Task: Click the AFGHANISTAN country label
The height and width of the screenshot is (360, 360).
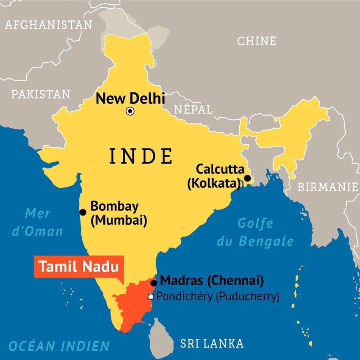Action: click(x=48, y=25)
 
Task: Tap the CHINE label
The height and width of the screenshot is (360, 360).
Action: click(x=256, y=41)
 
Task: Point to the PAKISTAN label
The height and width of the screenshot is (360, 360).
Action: click(x=40, y=94)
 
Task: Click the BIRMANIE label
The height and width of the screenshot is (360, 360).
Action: click(x=328, y=187)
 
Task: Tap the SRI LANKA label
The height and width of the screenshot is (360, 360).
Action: click(x=212, y=343)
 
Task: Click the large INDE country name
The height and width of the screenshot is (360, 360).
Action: click(x=141, y=156)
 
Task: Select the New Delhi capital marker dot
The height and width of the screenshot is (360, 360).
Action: click(x=130, y=111)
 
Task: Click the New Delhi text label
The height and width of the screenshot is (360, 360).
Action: click(x=131, y=98)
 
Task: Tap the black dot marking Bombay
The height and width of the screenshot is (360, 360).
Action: click(x=83, y=212)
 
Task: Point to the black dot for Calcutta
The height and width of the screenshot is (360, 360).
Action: click(x=248, y=178)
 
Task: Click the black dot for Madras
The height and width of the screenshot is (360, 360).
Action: click(x=154, y=283)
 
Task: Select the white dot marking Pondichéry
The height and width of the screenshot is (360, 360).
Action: click(x=151, y=297)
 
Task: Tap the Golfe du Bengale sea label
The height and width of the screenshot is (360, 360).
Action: click(x=255, y=232)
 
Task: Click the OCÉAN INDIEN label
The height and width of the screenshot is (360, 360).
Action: click(x=59, y=346)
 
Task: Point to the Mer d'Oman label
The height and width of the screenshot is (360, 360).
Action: click(x=38, y=222)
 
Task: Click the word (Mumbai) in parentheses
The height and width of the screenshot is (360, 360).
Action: click(x=119, y=220)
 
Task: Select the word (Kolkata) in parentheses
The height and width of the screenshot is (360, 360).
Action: click(x=214, y=183)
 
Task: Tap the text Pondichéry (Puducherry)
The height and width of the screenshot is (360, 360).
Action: click(x=218, y=297)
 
